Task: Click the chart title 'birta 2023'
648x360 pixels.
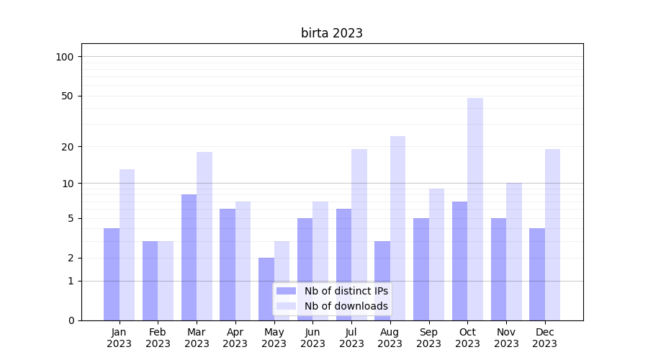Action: pyautogui.click(x=331, y=33)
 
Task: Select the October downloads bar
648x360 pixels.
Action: pyautogui.click(x=475, y=209)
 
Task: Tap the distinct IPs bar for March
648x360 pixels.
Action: pyautogui.click(x=189, y=257)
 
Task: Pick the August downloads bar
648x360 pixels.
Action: pyautogui.click(x=397, y=228)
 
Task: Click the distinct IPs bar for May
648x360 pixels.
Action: pyautogui.click(x=266, y=289)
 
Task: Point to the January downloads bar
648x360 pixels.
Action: pyautogui.click(x=127, y=245)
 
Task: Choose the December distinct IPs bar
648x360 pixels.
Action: pyautogui.click(x=537, y=274)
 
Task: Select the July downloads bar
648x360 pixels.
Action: pyautogui.click(x=359, y=235)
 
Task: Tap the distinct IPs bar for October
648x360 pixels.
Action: pyautogui.click(x=459, y=261)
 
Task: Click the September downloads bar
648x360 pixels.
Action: pyautogui.click(x=436, y=254)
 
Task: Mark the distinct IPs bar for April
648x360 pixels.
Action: pyautogui.click(x=228, y=264)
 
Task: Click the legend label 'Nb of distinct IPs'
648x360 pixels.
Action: pyautogui.click(x=346, y=291)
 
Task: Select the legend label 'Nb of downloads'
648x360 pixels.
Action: pyautogui.click(x=346, y=306)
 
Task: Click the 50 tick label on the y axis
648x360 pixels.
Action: pyautogui.click(x=68, y=96)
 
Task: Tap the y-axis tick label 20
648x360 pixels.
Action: pyautogui.click(x=68, y=147)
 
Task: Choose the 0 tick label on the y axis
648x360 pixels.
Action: pyautogui.click(x=71, y=320)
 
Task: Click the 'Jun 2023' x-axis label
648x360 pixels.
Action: pyautogui.click(x=312, y=338)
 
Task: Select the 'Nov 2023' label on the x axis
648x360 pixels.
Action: pyautogui.click(x=506, y=338)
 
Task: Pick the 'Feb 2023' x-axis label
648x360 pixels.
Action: pyautogui.click(x=158, y=338)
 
